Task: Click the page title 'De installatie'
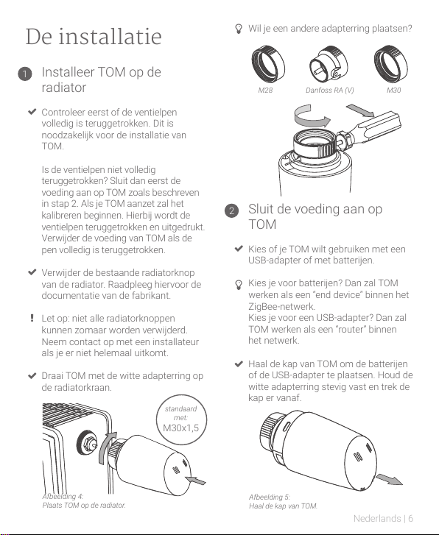(x=94, y=37)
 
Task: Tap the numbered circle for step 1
(x=25, y=74)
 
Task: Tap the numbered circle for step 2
(x=231, y=210)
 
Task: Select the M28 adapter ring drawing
(x=268, y=64)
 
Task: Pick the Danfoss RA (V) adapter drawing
(x=329, y=65)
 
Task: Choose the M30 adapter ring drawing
(x=390, y=64)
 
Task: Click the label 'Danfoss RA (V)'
(x=330, y=90)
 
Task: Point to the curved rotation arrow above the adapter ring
(x=312, y=117)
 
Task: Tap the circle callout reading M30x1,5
(x=181, y=419)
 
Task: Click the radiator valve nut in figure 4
(x=87, y=442)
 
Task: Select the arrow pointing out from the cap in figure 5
(x=390, y=479)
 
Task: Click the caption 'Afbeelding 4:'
(x=63, y=496)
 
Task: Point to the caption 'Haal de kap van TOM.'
(x=284, y=506)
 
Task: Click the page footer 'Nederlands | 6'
(x=383, y=519)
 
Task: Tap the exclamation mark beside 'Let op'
(x=32, y=318)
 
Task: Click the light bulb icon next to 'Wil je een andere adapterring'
(x=239, y=29)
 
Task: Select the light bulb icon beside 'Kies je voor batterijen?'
(x=239, y=285)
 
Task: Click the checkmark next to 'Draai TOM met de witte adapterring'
(x=32, y=375)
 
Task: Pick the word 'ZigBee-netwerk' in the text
(x=281, y=306)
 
